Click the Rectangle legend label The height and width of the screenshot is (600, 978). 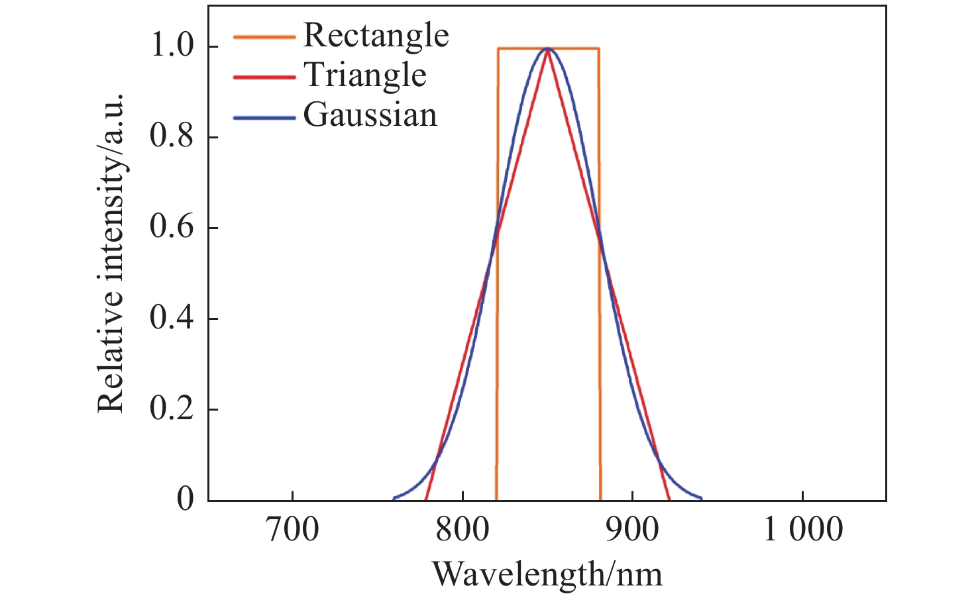(x=376, y=36)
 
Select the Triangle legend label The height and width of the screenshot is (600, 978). (x=365, y=75)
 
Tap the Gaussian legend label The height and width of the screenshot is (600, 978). (x=370, y=115)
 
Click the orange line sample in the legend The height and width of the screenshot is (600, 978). (x=264, y=37)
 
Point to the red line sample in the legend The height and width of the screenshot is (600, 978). (x=264, y=77)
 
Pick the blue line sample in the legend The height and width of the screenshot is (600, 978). (x=264, y=118)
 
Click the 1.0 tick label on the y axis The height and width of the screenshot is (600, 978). (x=172, y=46)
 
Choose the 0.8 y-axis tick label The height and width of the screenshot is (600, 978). (x=172, y=137)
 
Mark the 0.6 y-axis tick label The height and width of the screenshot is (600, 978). (x=172, y=228)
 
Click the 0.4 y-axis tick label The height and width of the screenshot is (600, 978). (x=172, y=319)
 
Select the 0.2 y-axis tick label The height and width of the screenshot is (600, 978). (x=172, y=409)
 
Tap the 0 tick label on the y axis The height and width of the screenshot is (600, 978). (x=186, y=499)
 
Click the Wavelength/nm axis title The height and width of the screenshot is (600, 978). (x=547, y=574)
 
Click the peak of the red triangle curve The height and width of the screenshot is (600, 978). (x=547, y=50)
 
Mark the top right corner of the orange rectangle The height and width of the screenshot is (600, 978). (x=599, y=48)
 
